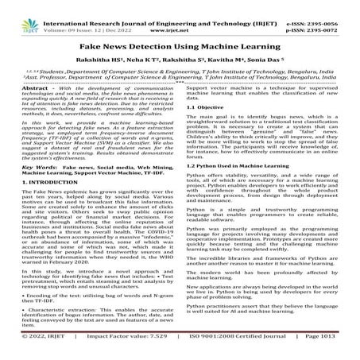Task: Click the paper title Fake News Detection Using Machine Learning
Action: point(180,49)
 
